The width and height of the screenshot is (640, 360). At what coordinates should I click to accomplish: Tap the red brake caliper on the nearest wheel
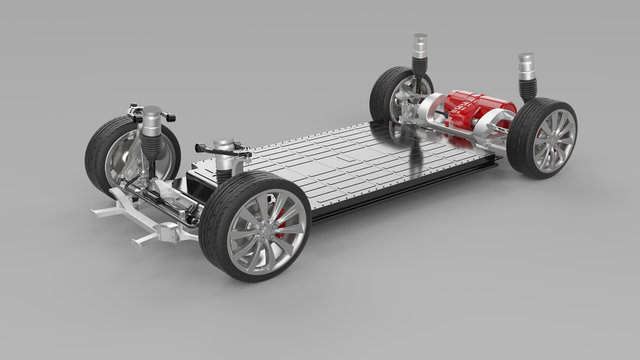tap(281, 226)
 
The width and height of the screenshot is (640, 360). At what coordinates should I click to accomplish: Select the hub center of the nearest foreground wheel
tap(263, 229)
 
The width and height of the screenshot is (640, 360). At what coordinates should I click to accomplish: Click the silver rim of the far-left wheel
tap(131, 160)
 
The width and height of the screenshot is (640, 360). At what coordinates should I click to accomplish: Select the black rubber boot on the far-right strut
tap(527, 86)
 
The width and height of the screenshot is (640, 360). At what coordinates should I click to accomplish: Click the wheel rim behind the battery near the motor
tap(405, 100)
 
